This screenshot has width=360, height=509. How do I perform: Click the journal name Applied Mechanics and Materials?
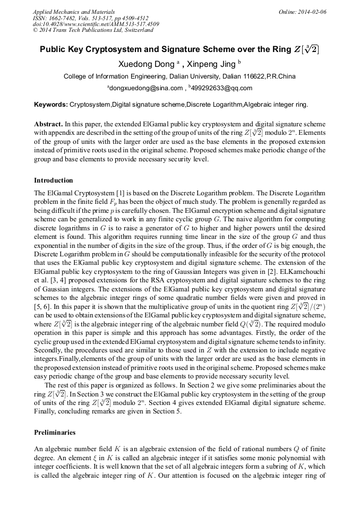click(x=73, y=11)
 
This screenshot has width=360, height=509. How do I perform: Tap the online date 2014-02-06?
click(x=312, y=11)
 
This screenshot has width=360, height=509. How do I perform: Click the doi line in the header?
click(x=96, y=24)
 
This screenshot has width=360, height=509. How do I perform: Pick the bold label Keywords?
click(x=51, y=105)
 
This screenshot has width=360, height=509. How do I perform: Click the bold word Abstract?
click(x=49, y=123)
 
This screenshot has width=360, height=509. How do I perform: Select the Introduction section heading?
click(x=54, y=180)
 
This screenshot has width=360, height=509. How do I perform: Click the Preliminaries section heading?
click(x=55, y=433)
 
